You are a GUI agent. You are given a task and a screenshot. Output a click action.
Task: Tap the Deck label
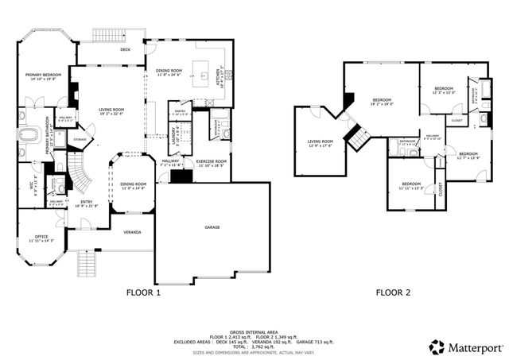point(125,49)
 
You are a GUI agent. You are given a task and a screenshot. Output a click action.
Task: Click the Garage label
point(212,227)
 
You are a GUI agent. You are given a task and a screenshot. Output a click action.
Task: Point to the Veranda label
point(132,232)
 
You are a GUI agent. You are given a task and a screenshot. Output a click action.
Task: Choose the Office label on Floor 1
point(41,238)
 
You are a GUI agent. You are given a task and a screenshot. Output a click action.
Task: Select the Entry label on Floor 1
point(86,203)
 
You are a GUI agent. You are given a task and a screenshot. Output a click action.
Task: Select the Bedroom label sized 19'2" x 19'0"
point(383,102)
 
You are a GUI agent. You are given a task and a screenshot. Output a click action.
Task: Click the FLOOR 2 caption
point(393,292)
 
